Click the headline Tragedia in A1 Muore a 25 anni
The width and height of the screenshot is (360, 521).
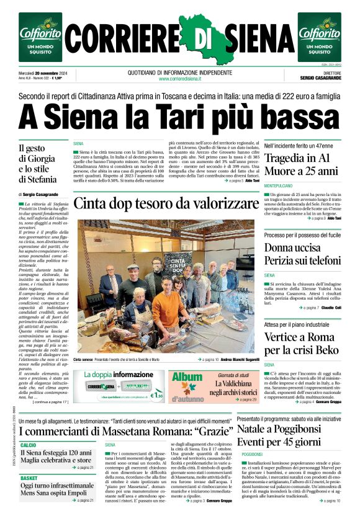pyautogui.click(x=302, y=164)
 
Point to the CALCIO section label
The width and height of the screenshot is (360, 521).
pyautogui.click(x=28, y=445)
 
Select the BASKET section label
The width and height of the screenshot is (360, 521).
pyautogui.click(x=29, y=478)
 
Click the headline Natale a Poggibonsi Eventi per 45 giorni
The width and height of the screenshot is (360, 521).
pyautogui.click(x=287, y=435)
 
